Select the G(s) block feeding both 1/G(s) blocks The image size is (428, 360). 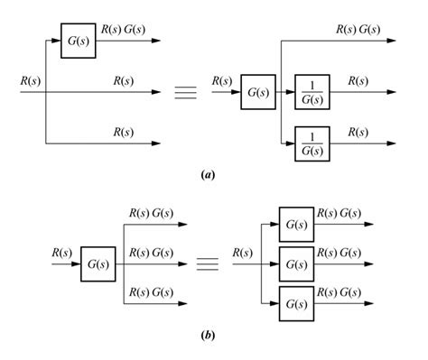point(257,92)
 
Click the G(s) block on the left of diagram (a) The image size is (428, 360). point(79,42)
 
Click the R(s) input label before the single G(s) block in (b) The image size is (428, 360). point(60,252)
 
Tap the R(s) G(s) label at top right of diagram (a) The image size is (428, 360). point(358,30)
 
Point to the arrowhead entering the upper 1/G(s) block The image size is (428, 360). point(290,92)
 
